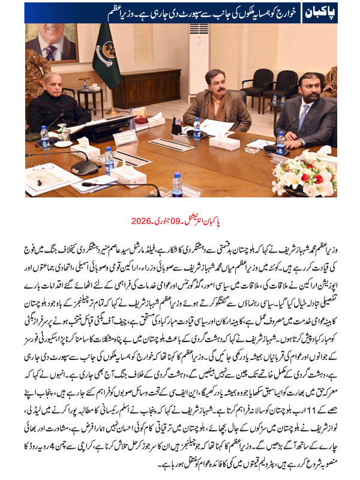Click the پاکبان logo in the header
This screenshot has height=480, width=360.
pos(340,11)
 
